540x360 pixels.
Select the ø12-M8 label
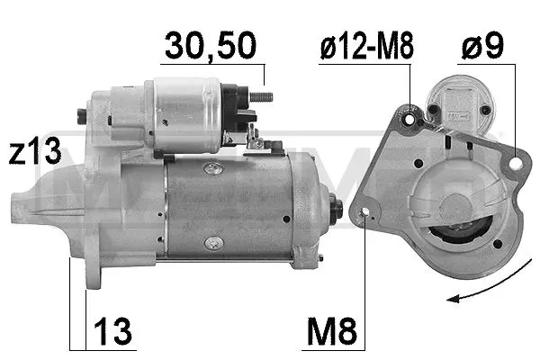[x=366, y=47]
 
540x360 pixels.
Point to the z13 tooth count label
[x=31, y=152]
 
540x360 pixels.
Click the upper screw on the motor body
[x=211, y=168]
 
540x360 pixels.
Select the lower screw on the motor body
[x=211, y=242]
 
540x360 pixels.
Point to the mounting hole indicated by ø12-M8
[x=412, y=119]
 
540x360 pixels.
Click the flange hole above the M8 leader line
[x=364, y=214]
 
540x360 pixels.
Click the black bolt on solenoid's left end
[x=82, y=114]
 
